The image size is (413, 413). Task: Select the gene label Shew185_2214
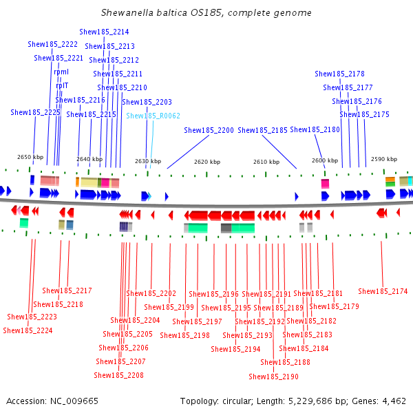pyautogui.click(x=104, y=32)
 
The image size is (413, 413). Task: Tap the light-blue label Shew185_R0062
pyautogui.click(x=153, y=116)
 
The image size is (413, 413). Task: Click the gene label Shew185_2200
pyautogui.click(x=209, y=129)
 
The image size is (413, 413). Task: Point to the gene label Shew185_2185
pyautogui.click(x=262, y=129)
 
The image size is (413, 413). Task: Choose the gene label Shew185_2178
pyautogui.click(x=339, y=74)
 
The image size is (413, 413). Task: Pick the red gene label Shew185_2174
pyautogui.click(x=383, y=291)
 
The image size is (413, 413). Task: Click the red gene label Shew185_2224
pyautogui.click(x=28, y=330)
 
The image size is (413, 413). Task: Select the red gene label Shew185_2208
pyautogui.click(x=119, y=375)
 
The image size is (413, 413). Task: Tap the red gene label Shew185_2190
pyautogui.click(x=273, y=377)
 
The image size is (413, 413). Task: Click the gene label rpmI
pyautogui.click(x=61, y=72)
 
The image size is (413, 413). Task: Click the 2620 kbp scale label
pyautogui.click(x=207, y=162)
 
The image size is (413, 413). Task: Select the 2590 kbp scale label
pyautogui.click(x=383, y=159)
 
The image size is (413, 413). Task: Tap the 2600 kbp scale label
pyautogui.click(x=325, y=160)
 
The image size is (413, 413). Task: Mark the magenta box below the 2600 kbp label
pyautogui.click(x=325, y=183)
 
